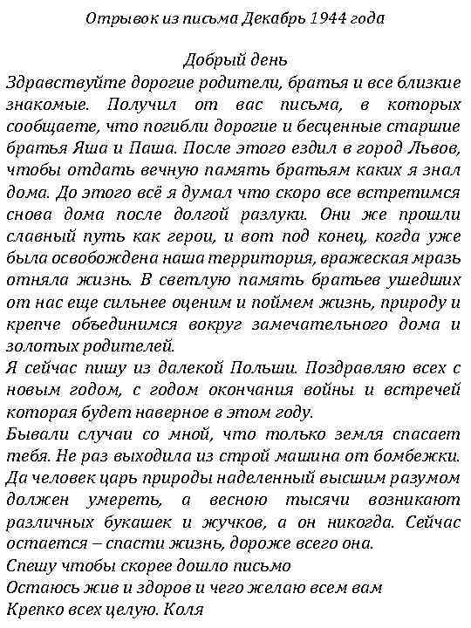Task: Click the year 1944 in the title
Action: pyautogui.click(x=317, y=18)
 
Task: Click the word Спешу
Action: pyautogui.click(x=32, y=566)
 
